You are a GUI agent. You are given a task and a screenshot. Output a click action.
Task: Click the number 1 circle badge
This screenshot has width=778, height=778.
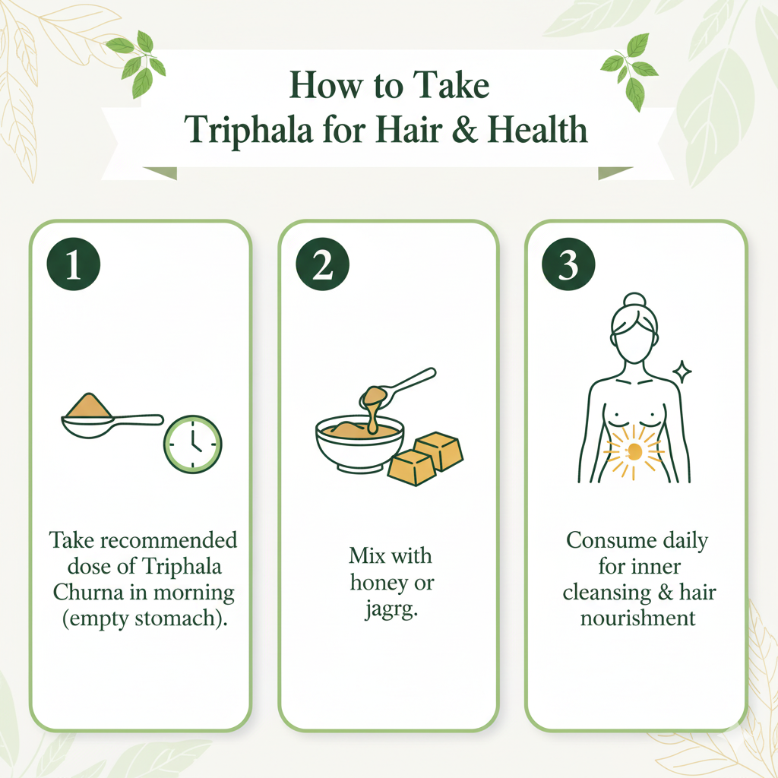(x=74, y=264)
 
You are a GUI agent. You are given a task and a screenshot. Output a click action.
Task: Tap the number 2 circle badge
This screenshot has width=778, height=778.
(x=322, y=264)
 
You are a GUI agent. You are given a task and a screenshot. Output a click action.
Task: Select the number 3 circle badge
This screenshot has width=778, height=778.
(x=568, y=264)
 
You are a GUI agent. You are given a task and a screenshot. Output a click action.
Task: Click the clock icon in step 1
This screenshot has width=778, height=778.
(x=192, y=444)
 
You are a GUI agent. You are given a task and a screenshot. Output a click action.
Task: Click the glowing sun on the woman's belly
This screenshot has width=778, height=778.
(x=634, y=451)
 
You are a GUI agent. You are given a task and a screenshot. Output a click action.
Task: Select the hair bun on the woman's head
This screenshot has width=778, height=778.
(x=634, y=301)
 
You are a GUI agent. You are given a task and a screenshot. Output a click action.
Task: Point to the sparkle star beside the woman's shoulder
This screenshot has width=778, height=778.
(x=682, y=372)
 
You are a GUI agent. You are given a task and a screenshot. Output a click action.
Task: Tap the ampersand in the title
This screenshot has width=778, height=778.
(x=464, y=129)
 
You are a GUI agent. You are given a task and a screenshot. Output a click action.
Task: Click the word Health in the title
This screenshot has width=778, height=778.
(x=538, y=129)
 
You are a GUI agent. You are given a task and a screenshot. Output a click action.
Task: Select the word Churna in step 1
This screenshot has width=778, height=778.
(x=88, y=592)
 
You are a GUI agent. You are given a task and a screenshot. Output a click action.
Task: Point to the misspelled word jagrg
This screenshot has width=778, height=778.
(x=391, y=609)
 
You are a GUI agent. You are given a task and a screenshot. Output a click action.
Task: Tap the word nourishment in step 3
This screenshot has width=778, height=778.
(x=638, y=618)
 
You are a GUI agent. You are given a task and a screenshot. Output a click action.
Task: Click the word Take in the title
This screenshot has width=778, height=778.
(x=451, y=85)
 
